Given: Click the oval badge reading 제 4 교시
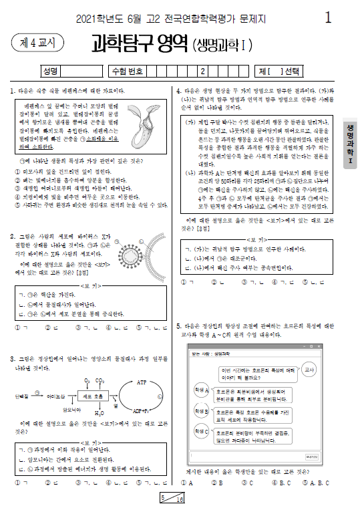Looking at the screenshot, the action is coord(33,43).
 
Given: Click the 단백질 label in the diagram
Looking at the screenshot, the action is coord(21,396).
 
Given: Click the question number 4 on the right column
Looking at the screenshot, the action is coord(179,90).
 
